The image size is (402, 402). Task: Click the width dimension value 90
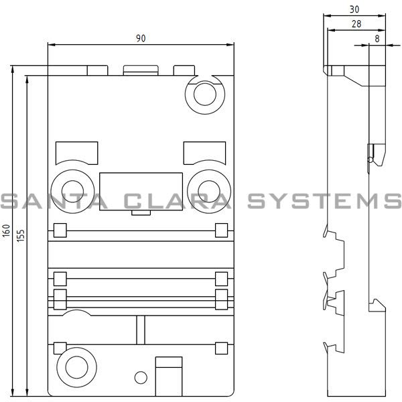pos(141,38)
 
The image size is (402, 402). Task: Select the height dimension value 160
pos(7,232)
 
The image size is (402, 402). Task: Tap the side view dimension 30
pos(354,9)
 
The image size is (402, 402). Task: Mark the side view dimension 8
pos(377,39)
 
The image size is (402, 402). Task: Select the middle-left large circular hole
pos(70,184)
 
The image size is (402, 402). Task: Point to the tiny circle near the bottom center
pos(139,377)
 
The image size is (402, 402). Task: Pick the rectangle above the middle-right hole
pos(204,151)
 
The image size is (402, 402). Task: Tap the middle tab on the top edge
pos(140,70)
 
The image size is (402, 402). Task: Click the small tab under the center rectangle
pos(141,212)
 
